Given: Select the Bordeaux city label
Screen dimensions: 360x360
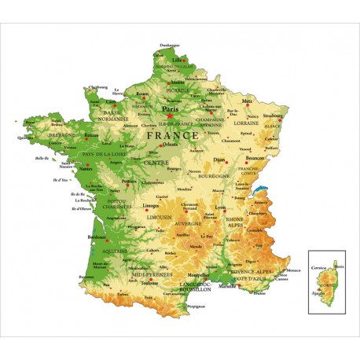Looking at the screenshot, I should (x=97, y=237).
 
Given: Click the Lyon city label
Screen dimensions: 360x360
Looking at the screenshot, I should (x=221, y=208).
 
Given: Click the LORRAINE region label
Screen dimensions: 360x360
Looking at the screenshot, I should (x=246, y=123).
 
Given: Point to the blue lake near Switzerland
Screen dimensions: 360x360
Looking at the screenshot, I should (x=262, y=191).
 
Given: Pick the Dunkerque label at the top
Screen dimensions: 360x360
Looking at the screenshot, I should (x=170, y=45).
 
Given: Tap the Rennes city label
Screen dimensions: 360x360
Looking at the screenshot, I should (x=92, y=135).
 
